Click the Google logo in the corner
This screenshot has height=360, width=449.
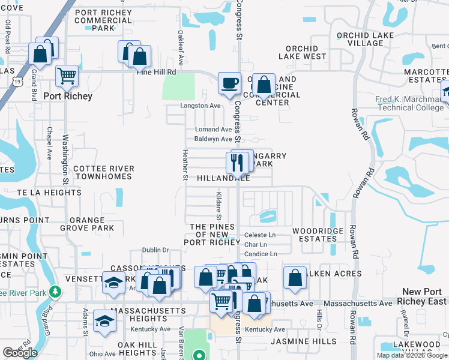click(x=20, y=353)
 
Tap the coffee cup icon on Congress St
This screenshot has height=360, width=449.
click(x=229, y=83)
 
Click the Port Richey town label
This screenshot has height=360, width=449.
click(x=67, y=96)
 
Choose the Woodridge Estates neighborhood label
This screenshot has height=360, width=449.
click(x=318, y=235)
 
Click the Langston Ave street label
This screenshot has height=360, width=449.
click(x=201, y=106)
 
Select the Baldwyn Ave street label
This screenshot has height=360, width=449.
click(x=212, y=139)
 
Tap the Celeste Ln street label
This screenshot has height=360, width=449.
click(x=260, y=235)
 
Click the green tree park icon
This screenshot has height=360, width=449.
click(x=55, y=292)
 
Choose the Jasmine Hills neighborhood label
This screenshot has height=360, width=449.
click(x=287, y=341)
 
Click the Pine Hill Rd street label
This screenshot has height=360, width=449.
click(x=157, y=72)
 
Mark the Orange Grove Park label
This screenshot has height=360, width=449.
click(x=88, y=224)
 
